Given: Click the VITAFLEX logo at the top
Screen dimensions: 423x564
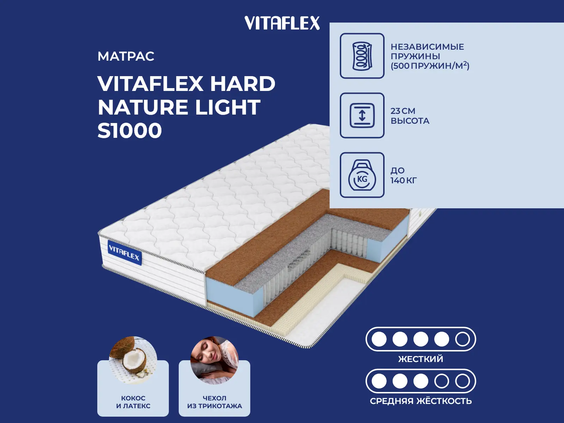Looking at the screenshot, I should click(282, 23).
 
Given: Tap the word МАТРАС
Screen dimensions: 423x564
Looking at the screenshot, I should click(126, 56).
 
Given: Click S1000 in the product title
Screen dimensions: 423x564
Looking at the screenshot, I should click(129, 131).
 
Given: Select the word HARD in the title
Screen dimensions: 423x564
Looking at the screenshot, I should click(243, 84).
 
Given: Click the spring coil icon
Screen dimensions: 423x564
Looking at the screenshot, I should click(362, 56).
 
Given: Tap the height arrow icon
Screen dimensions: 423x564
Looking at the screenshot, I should click(362, 116).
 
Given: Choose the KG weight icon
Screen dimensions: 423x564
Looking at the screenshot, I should click(362, 175).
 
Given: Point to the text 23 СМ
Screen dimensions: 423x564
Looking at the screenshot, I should click(403, 111).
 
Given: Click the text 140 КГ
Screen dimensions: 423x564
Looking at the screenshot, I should click(403, 180).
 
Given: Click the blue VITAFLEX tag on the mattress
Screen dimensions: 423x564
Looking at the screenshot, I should click(124, 253).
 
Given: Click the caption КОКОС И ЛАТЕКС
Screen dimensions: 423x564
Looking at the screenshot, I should click(133, 402).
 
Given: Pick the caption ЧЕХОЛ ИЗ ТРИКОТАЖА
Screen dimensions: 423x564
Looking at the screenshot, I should click(214, 402).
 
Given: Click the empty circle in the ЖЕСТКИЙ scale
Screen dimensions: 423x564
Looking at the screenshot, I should click(462, 339).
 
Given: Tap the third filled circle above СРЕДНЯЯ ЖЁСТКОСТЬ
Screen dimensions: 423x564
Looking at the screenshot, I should click(421, 381).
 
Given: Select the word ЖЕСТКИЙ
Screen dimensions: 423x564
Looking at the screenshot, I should click(421, 359).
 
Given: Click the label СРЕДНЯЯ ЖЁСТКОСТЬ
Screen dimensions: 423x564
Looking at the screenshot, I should click(421, 401).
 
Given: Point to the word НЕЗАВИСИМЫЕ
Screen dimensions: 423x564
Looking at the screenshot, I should click(427, 47).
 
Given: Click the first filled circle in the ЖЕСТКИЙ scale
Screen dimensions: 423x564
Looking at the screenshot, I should click(379, 339).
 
